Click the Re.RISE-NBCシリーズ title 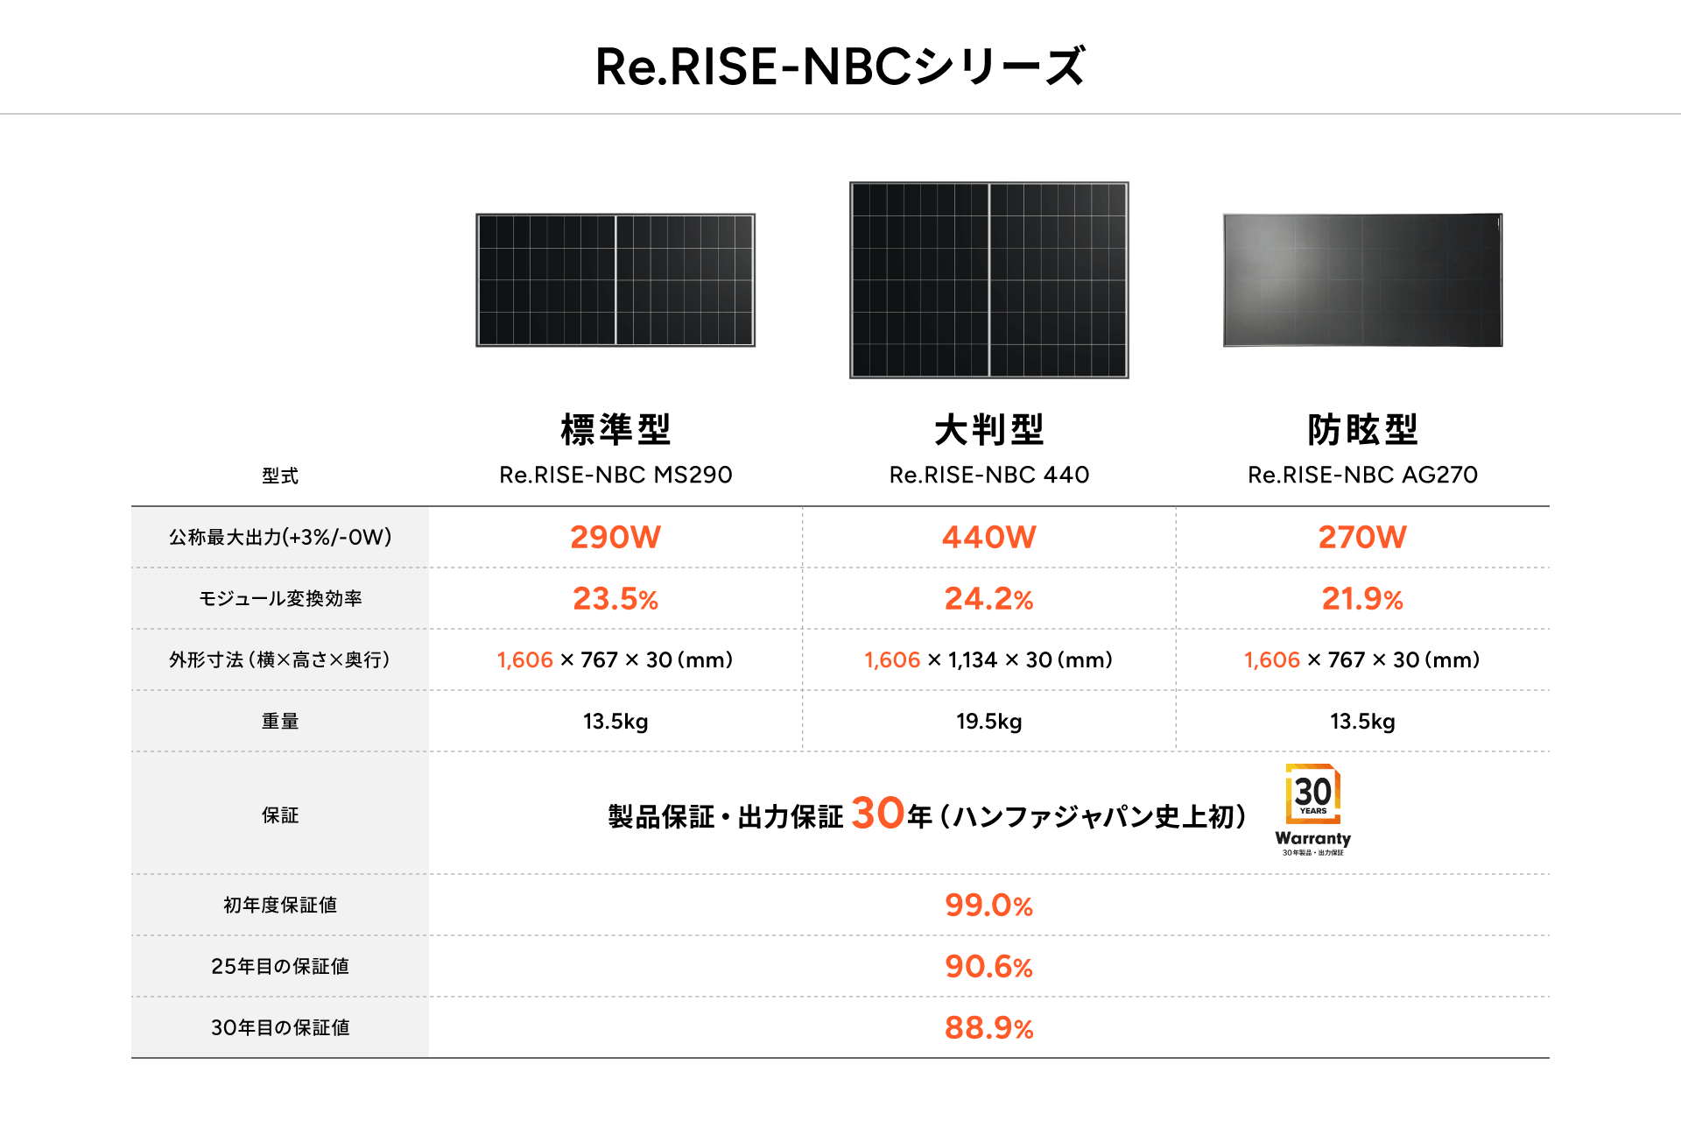pyautogui.click(x=840, y=67)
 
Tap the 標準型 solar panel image pyautogui.click(x=615, y=280)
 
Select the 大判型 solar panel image pyautogui.click(x=988, y=280)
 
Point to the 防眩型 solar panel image pyautogui.click(x=1362, y=280)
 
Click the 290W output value pyautogui.click(x=615, y=537)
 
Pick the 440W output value pyautogui.click(x=988, y=537)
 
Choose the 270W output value pyautogui.click(x=1362, y=537)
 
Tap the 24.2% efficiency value pyautogui.click(x=988, y=599)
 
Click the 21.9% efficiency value pyautogui.click(x=1362, y=599)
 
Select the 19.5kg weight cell pyautogui.click(x=988, y=722)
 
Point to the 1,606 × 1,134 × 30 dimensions pyautogui.click(x=988, y=660)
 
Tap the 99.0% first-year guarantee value pyautogui.click(x=988, y=906)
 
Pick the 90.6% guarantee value pyautogui.click(x=988, y=967)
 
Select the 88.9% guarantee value pyautogui.click(x=988, y=1028)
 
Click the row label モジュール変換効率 pyautogui.click(x=280, y=599)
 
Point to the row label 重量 pyautogui.click(x=280, y=722)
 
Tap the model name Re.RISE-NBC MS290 pyautogui.click(x=615, y=475)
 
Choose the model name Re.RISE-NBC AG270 pyautogui.click(x=1362, y=475)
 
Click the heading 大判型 pyautogui.click(x=988, y=430)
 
